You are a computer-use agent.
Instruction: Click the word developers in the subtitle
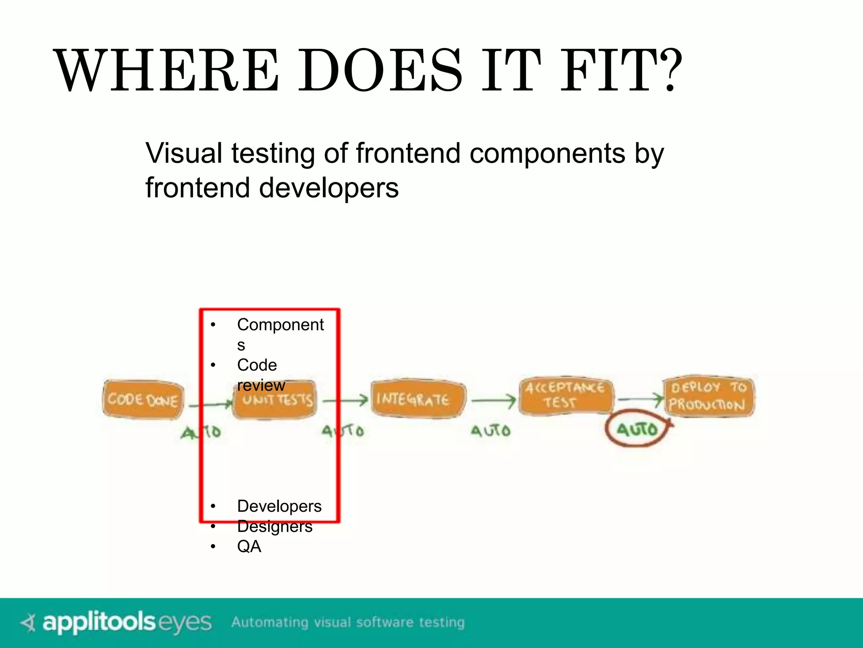tap(329, 188)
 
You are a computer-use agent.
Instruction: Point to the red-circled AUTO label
tap(637, 429)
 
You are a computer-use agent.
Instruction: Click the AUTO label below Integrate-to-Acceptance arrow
tap(490, 431)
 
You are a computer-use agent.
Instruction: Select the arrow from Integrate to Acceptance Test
tap(493, 400)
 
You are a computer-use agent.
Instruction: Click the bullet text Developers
tap(279, 506)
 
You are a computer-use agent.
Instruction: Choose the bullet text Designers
tap(275, 526)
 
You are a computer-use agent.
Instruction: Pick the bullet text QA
tap(249, 547)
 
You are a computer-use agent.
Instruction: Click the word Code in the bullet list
tap(257, 365)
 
